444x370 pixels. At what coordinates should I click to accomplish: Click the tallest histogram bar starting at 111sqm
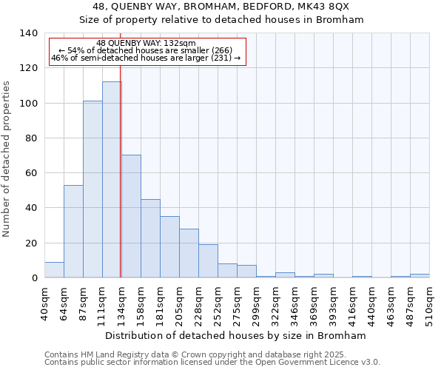click(x=112, y=180)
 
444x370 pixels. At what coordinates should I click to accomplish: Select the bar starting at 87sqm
click(x=92, y=189)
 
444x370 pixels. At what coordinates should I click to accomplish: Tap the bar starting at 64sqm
click(x=73, y=232)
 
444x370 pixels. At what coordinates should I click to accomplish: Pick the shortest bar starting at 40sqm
click(x=54, y=270)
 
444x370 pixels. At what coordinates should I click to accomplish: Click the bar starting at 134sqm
click(x=131, y=216)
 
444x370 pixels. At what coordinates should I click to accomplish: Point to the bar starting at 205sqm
click(x=189, y=253)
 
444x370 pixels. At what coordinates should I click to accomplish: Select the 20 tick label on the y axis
click(x=31, y=243)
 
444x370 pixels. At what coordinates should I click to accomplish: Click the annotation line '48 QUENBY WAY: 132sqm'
click(x=146, y=44)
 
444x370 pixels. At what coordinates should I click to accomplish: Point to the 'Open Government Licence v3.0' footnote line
click(x=212, y=363)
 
